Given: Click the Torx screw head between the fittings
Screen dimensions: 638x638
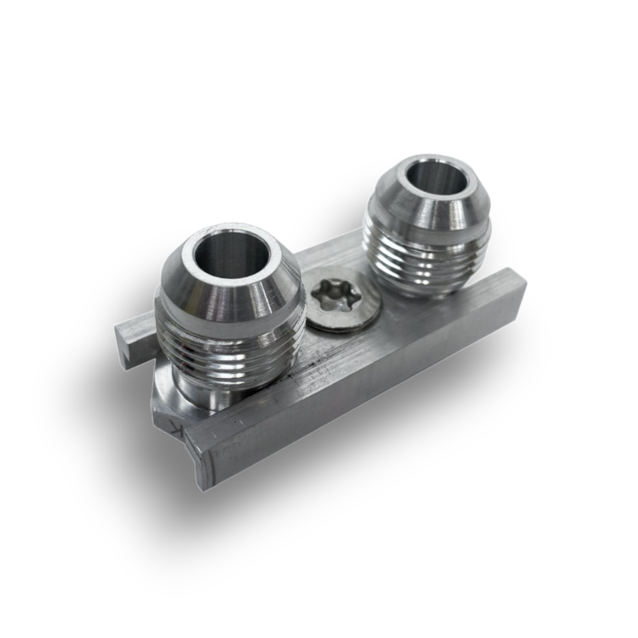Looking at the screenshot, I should click(x=341, y=299).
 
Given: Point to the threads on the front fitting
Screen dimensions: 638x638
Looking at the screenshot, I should click(x=230, y=354).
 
